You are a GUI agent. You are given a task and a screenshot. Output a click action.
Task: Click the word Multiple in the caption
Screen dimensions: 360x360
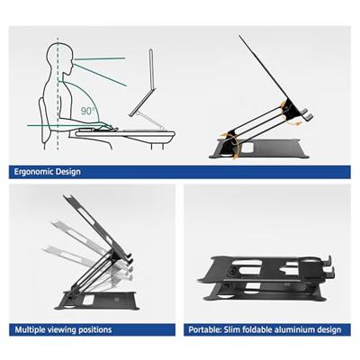coord(30,330)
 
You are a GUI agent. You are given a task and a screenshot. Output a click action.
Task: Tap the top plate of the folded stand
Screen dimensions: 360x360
coord(261,268)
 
